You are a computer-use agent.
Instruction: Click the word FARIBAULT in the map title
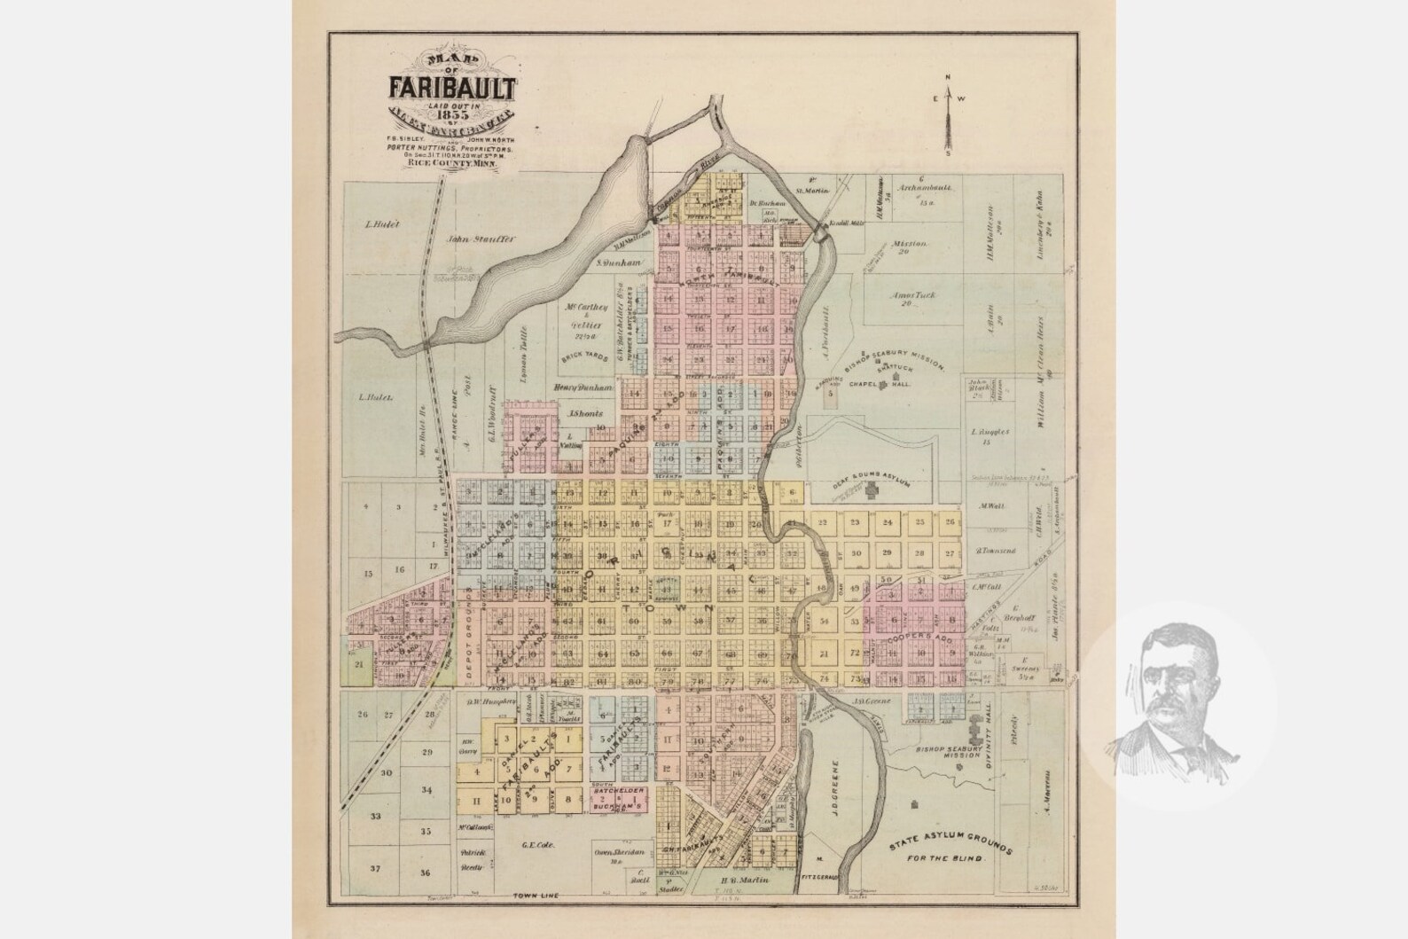point(451,88)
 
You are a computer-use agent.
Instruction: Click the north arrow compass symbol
point(947,116)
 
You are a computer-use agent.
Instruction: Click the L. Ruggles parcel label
point(986,433)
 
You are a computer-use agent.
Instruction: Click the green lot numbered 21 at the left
point(359,664)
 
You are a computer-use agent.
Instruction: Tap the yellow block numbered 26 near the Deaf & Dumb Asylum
point(950,522)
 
